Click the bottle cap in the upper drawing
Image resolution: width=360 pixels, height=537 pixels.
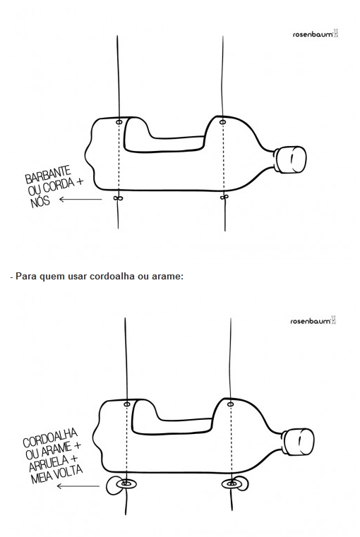[x=290, y=159]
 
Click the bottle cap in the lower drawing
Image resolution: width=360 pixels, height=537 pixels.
[x=298, y=442]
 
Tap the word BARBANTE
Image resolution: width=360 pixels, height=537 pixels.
[x=48, y=174]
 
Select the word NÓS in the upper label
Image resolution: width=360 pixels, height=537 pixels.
[x=40, y=202]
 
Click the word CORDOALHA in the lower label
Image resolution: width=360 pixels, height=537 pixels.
[x=50, y=438]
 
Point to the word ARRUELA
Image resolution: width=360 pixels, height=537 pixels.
[x=49, y=464]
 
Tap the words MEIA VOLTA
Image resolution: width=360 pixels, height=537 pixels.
[x=56, y=474]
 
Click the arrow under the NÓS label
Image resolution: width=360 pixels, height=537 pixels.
[x=80, y=199]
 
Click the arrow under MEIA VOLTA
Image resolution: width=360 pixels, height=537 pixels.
[x=78, y=485]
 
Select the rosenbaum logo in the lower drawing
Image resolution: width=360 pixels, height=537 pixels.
[x=313, y=320]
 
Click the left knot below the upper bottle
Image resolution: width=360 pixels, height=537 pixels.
[x=118, y=198]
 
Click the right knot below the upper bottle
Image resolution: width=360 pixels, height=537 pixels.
[x=224, y=198]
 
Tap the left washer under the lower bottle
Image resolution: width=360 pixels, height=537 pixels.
[x=126, y=483]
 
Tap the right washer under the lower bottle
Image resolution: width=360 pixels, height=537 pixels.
[x=232, y=484]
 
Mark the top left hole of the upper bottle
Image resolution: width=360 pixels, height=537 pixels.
[x=119, y=122]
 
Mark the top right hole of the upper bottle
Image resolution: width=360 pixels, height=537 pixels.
[x=222, y=122]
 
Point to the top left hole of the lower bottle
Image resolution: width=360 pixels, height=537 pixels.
[x=127, y=404]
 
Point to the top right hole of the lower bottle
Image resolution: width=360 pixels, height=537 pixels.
[x=231, y=404]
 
